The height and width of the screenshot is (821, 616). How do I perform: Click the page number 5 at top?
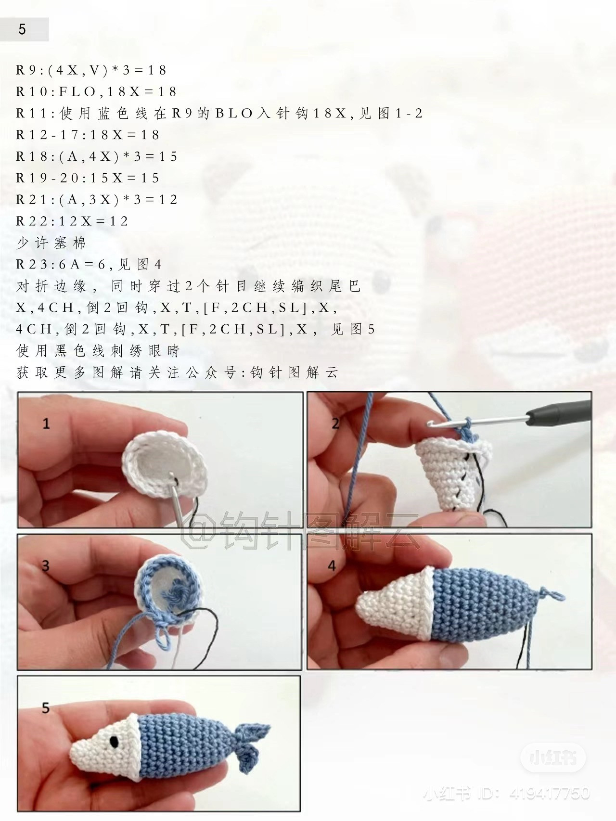(22, 30)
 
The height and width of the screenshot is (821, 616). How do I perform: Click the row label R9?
(25, 70)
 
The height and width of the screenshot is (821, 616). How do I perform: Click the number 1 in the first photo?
(46, 423)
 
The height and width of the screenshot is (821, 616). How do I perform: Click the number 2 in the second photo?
(335, 423)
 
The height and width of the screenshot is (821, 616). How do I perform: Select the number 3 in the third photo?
(46, 565)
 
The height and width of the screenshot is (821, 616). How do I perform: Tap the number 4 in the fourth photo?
(332, 565)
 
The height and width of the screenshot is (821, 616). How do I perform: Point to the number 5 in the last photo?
(46, 708)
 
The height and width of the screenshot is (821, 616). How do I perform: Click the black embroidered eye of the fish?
(115, 742)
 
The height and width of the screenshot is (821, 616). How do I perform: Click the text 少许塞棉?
(51, 243)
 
